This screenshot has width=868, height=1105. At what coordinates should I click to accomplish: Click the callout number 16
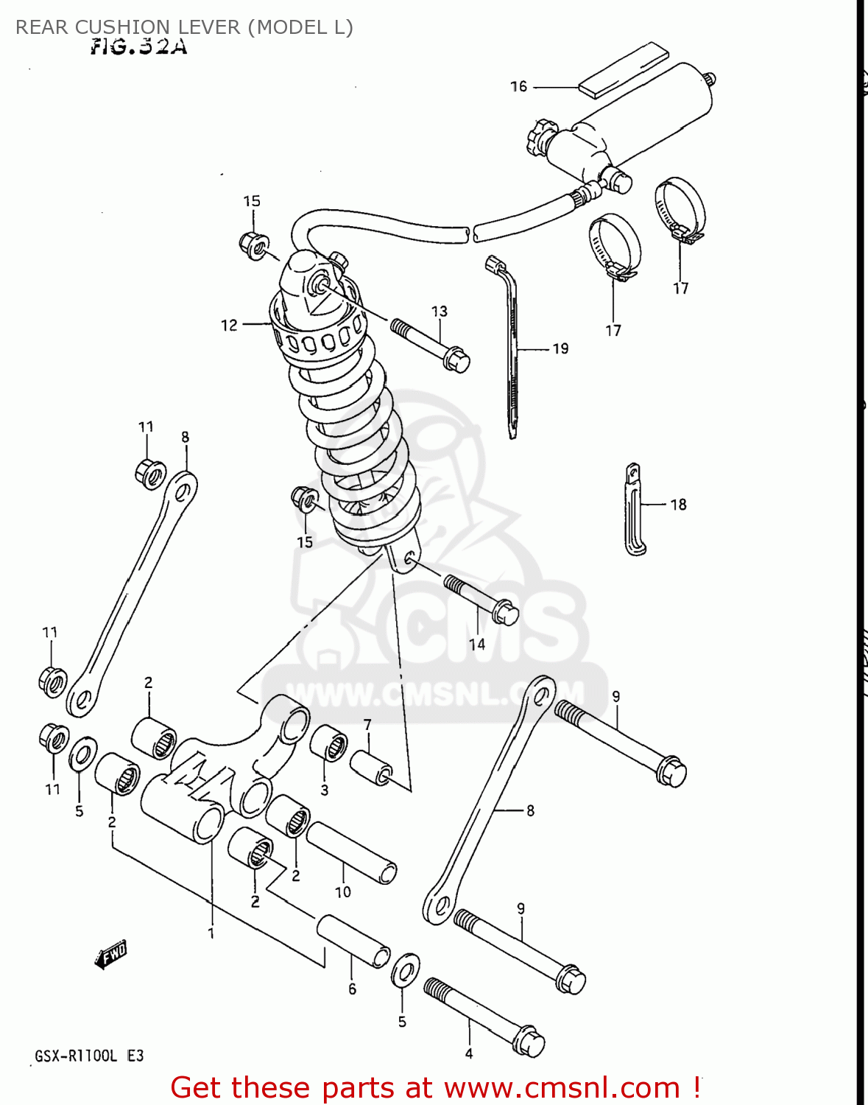point(518,87)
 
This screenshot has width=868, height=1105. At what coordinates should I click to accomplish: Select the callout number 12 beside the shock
point(229,325)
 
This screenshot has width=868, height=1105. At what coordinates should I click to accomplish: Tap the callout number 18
point(678,505)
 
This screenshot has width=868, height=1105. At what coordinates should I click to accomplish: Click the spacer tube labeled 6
point(353,940)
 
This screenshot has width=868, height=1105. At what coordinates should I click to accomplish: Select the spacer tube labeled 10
point(351,851)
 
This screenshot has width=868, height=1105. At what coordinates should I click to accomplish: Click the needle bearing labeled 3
point(328,743)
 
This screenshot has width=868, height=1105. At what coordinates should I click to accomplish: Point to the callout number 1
point(211,933)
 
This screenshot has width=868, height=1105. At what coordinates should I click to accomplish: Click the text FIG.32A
point(138,47)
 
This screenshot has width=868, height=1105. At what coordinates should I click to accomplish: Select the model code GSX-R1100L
point(76,1056)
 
